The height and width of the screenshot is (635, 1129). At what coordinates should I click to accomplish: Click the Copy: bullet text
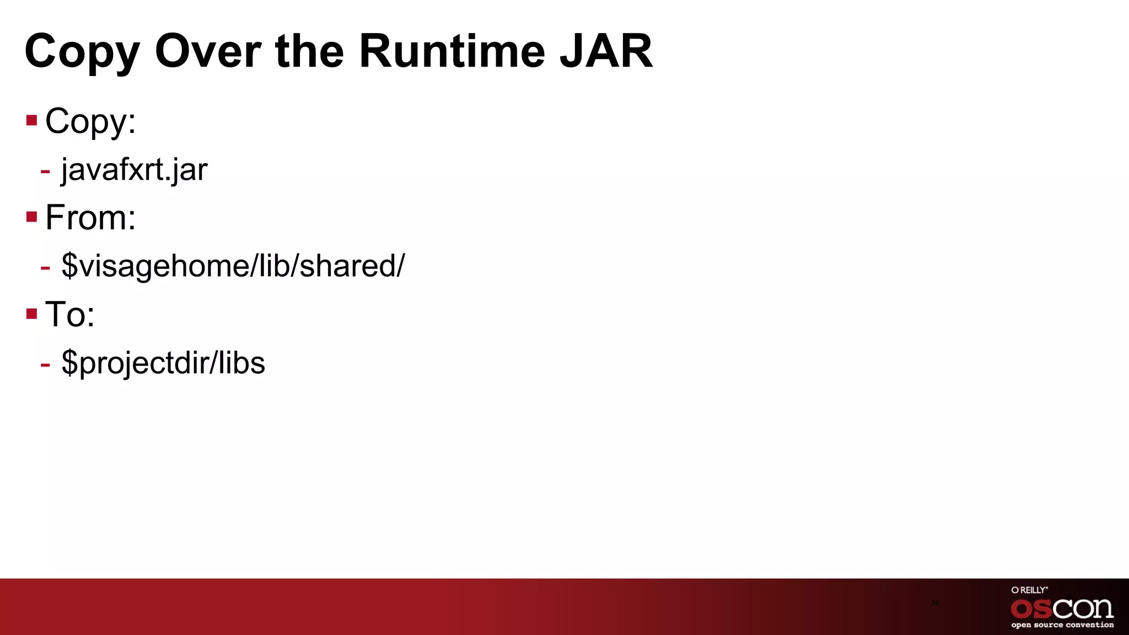click(x=90, y=121)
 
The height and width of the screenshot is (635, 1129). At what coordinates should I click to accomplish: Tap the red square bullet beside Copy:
click(x=31, y=120)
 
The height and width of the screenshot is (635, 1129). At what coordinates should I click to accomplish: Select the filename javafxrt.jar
click(x=134, y=170)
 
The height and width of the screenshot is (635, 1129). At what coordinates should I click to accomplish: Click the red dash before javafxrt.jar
click(x=45, y=171)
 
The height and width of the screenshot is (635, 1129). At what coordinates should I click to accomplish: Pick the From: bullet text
click(x=90, y=217)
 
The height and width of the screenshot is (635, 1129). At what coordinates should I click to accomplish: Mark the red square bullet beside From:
click(x=31, y=217)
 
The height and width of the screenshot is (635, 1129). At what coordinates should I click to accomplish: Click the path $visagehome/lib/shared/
click(x=233, y=266)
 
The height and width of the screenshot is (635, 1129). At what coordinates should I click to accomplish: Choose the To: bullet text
click(x=70, y=314)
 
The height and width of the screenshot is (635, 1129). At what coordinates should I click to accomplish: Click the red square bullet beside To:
click(x=31, y=314)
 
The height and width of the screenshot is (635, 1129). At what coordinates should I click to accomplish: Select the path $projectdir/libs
click(x=163, y=363)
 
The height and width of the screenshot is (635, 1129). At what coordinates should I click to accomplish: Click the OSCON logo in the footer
click(x=1062, y=609)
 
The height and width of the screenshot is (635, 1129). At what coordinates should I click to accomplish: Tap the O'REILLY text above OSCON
click(x=1029, y=590)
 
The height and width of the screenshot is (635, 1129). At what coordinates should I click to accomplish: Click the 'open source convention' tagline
click(x=1062, y=625)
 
